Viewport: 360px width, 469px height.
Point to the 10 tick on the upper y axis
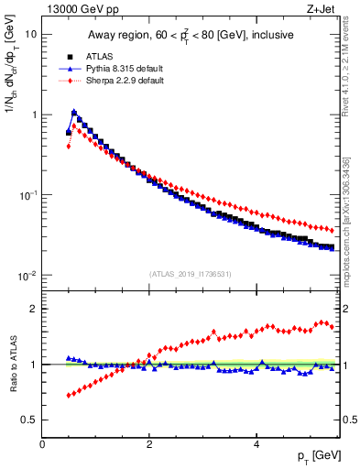tap(30, 34)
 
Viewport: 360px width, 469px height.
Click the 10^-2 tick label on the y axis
tap(26, 276)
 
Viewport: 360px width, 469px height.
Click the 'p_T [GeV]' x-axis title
tap(317, 456)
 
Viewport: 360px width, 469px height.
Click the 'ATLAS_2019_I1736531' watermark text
tap(191, 274)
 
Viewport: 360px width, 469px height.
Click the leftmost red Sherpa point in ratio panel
tap(69, 396)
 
